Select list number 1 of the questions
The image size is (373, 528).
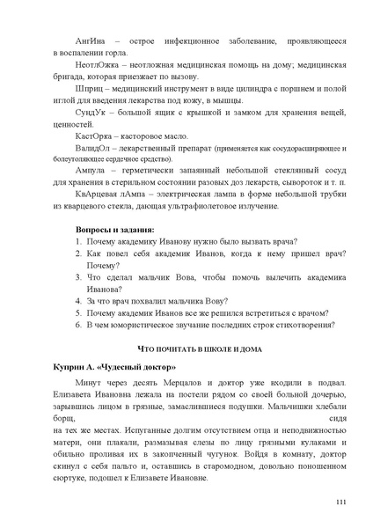click(77, 266)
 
